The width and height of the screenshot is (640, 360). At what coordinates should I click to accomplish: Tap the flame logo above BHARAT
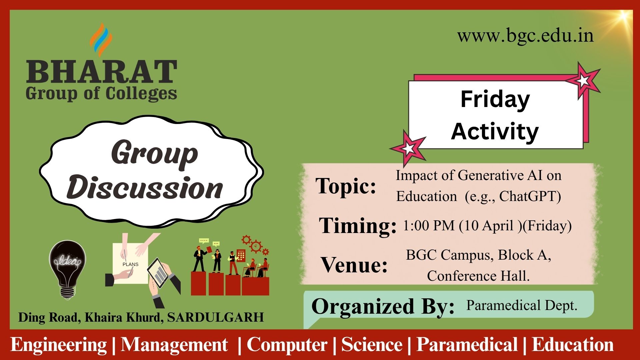(x=101, y=40)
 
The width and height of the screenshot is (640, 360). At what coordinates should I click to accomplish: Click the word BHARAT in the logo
(x=102, y=72)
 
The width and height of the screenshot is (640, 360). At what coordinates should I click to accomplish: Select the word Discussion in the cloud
(x=145, y=187)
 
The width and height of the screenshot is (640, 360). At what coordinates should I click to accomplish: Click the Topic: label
(x=346, y=186)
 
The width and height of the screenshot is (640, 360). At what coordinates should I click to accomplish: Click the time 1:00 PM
(x=429, y=226)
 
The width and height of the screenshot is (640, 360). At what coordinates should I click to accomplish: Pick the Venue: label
(x=354, y=265)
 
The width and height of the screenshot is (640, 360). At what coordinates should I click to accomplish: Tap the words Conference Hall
(x=478, y=276)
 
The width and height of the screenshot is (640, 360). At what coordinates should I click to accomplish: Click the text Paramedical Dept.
(x=522, y=305)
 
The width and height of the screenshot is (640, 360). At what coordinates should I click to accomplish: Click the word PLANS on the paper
(x=130, y=264)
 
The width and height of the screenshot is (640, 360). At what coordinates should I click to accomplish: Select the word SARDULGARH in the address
(x=215, y=317)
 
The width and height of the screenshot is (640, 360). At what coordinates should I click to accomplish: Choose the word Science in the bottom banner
(x=372, y=344)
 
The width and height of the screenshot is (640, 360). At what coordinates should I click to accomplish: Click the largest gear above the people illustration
(x=256, y=247)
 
